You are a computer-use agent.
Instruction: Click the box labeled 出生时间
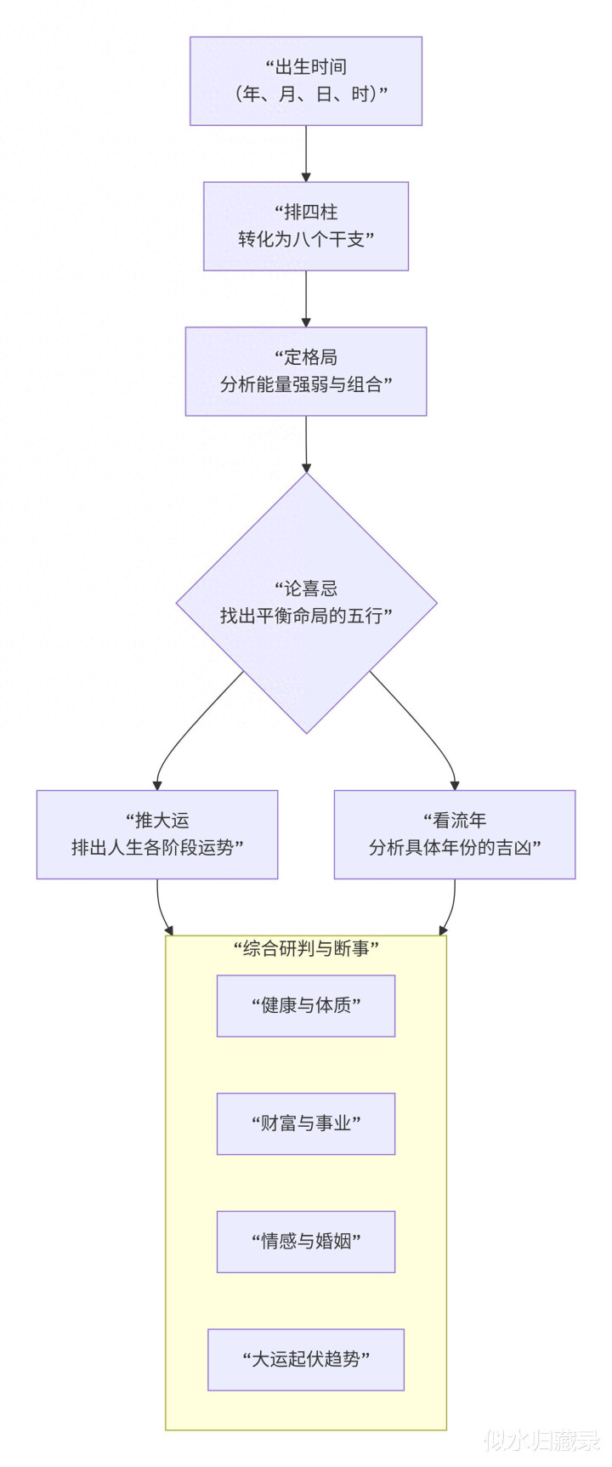tap(306, 81)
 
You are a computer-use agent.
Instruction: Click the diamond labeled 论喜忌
tap(306, 602)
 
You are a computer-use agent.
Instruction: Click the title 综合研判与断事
tap(306, 948)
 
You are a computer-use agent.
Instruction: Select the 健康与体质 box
tap(306, 1005)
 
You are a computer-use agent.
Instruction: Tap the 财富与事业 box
tap(306, 1123)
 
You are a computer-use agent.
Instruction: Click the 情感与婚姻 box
tap(306, 1242)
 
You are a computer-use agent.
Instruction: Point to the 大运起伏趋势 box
tap(306, 1359)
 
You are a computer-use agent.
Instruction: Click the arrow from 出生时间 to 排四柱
tap(306, 153)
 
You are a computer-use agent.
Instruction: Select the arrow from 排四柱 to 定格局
tap(306, 299)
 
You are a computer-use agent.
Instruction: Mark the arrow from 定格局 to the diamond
tap(306, 444)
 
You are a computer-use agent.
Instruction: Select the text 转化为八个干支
tap(306, 239)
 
